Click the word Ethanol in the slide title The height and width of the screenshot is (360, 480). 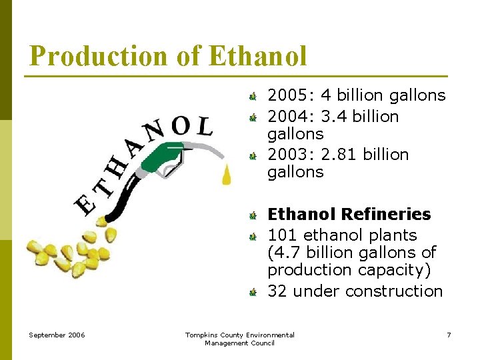click(x=257, y=56)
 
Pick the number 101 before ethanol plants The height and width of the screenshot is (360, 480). click(x=283, y=235)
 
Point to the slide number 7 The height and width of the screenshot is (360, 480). click(x=449, y=335)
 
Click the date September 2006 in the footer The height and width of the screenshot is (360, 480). click(x=56, y=335)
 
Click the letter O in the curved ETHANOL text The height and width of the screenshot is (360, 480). click(x=181, y=125)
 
